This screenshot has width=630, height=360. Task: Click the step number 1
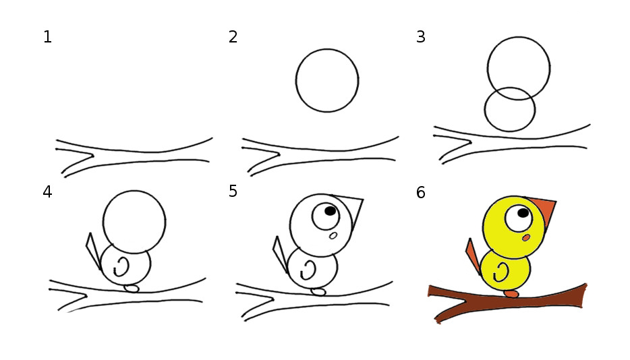47,37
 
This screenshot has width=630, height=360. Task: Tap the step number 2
233,37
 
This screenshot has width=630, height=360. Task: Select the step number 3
421,37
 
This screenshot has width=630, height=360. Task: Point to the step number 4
47,192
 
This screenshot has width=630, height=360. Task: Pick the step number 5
233,191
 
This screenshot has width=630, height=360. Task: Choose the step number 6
421,193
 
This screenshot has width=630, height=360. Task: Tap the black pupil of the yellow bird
523,213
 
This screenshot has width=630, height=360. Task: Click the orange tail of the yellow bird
473,256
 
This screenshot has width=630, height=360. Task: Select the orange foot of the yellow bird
511,294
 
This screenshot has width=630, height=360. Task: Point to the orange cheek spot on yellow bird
526,238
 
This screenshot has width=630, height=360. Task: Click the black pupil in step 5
331,211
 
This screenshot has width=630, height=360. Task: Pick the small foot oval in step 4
132,289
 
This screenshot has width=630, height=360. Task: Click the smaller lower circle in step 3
484,109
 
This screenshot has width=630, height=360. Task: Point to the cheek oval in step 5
333,236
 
